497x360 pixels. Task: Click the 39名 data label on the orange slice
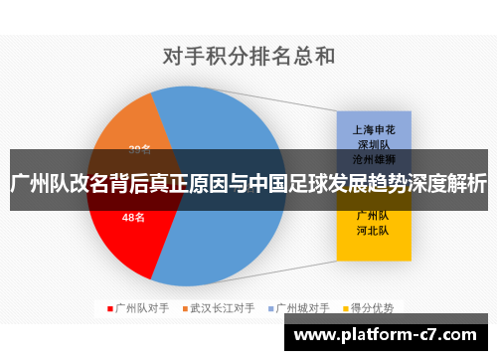[x=140, y=149]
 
